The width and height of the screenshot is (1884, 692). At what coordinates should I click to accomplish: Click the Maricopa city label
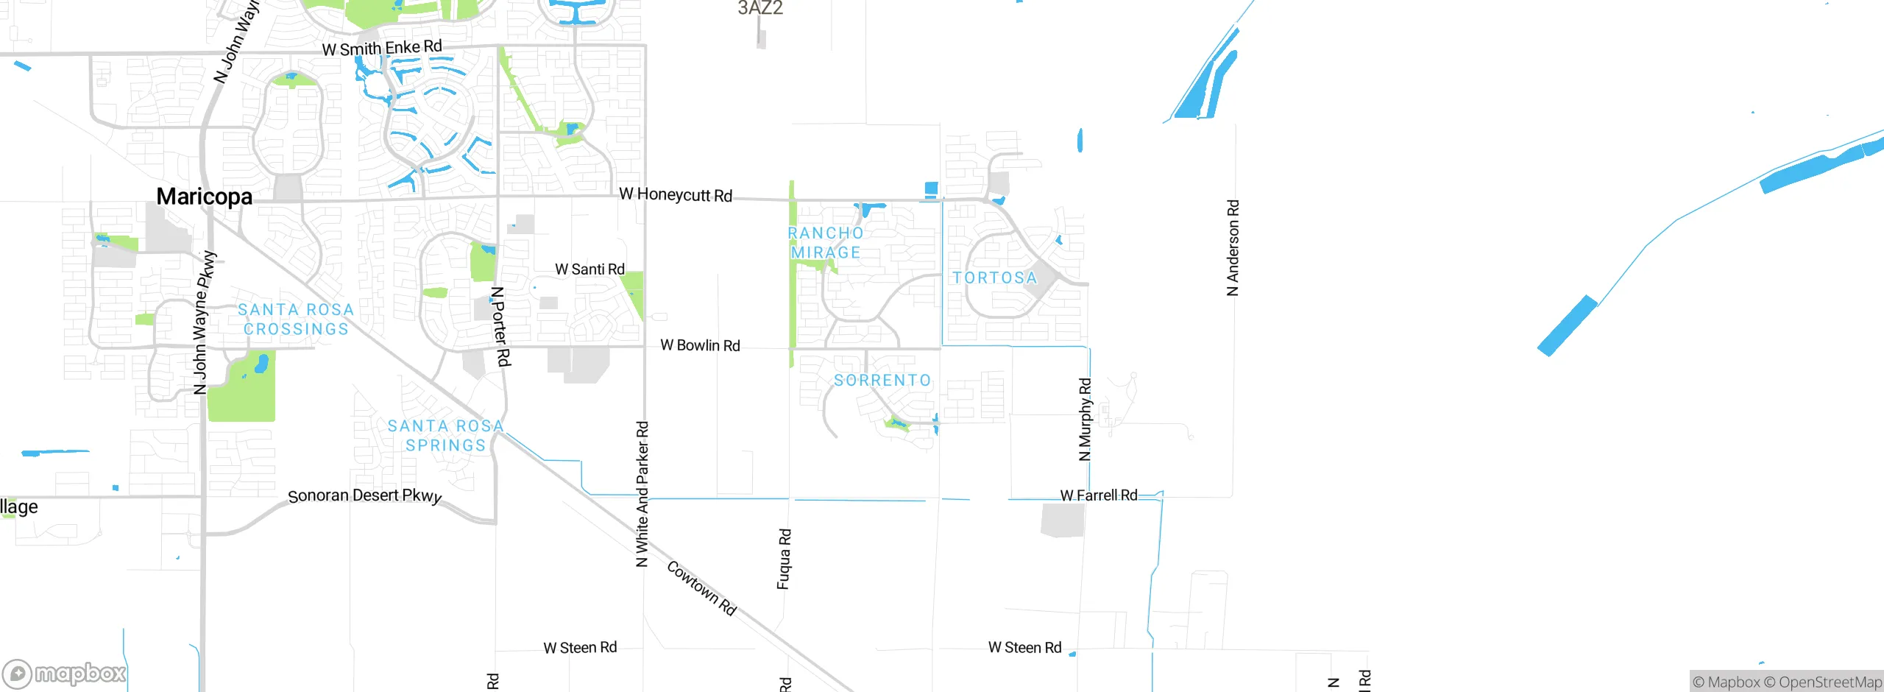click(x=204, y=197)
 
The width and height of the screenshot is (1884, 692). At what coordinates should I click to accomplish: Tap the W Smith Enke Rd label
click(x=382, y=49)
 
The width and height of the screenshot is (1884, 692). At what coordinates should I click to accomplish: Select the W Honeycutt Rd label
click(x=676, y=194)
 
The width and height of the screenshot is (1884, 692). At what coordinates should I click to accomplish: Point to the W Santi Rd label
click(x=589, y=269)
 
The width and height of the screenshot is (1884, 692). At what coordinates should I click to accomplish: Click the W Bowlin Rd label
click(x=700, y=345)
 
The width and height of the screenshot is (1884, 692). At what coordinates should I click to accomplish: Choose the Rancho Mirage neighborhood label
click(x=825, y=243)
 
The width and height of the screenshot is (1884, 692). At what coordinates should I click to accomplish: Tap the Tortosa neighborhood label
click(x=994, y=278)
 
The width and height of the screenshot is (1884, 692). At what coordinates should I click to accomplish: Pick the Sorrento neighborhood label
click(x=882, y=380)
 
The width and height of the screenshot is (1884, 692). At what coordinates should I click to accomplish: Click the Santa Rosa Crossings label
click(x=296, y=319)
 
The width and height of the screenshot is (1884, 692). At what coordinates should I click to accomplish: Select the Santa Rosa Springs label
click(x=446, y=435)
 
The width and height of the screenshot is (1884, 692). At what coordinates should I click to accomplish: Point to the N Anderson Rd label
click(x=1233, y=248)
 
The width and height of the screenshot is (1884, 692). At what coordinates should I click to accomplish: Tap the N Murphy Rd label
click(x=1085, y=420)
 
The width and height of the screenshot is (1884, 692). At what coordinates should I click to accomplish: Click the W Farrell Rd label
click(x=1098, y=495)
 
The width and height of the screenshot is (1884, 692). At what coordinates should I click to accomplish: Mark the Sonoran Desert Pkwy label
click(x=364, y=496)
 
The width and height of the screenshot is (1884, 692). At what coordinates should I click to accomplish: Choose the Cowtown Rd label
click(x=701, y=587)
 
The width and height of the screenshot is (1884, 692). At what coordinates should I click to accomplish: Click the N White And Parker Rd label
click(x=642, y=494)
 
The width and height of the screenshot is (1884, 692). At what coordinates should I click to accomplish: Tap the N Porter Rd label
click(x=500, y=326)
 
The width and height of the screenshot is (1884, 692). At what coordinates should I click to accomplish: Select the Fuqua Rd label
click(x=784, y=559)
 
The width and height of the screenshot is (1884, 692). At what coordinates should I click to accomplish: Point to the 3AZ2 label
click(x=760, y=8)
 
